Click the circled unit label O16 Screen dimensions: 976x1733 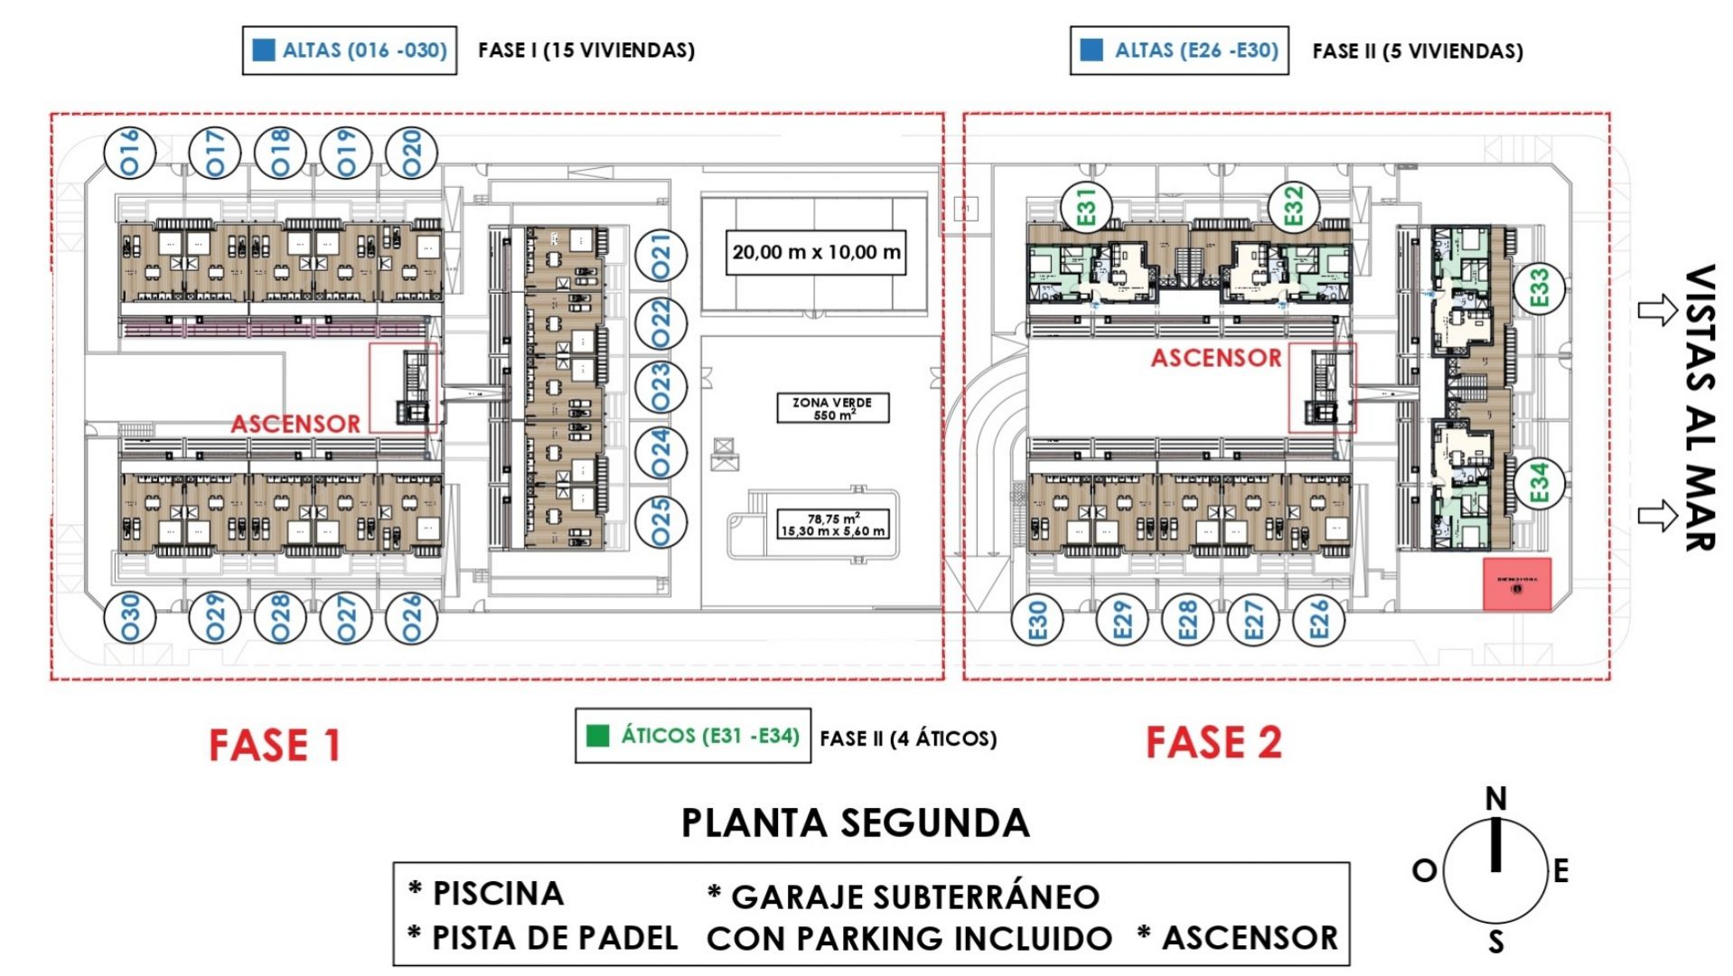130,152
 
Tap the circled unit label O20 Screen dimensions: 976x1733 412,152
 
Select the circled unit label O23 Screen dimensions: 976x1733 660,386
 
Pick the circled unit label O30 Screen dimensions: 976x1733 130,618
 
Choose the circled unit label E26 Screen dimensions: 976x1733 1318,620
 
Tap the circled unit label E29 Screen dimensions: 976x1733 1121,620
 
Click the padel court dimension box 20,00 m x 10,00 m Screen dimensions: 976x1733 815,252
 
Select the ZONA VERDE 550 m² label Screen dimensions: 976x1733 832,408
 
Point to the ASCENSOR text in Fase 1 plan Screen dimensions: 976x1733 295,424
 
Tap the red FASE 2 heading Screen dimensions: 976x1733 1213,743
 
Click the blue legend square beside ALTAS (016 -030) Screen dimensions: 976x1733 263,50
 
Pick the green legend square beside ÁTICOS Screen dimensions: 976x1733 597,736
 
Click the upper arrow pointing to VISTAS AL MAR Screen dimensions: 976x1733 1656,311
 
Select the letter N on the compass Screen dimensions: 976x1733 1495,799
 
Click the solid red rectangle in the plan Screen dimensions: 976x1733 1516,585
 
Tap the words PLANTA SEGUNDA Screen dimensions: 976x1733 855,823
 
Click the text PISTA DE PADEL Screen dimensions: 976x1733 554,938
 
